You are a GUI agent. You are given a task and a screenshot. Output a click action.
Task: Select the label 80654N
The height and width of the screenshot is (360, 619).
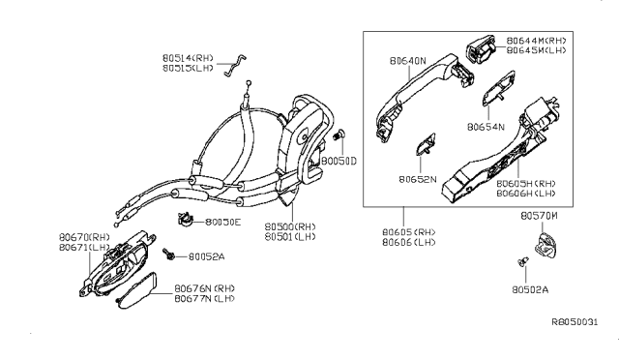click(486, 127)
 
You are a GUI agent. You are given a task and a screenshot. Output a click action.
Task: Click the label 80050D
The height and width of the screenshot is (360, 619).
click(340, 160)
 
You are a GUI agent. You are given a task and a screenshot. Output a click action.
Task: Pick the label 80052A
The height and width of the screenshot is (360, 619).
click(206, 256)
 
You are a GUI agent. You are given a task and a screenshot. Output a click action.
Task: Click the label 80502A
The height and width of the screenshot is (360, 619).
click(531, 288)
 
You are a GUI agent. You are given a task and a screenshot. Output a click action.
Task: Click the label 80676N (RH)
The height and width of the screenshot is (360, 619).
click(205, 288)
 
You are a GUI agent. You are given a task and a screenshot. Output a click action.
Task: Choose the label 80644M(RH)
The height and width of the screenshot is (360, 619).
click(535, 40)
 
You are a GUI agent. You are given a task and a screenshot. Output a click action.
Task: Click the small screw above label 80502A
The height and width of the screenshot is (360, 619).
click(523, 260)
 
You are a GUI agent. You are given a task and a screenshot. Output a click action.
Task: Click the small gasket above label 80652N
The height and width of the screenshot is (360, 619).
click(423, 148)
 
